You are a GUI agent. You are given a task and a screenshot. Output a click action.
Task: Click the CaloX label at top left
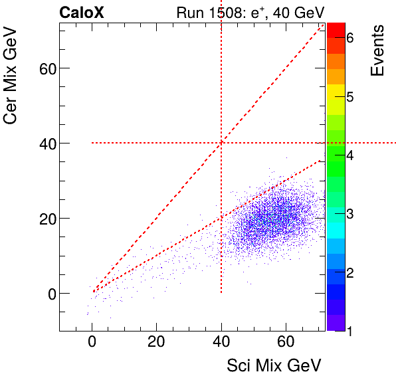[x=82, y=13]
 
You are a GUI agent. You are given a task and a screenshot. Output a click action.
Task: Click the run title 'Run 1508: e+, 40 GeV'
[x=249, y=13]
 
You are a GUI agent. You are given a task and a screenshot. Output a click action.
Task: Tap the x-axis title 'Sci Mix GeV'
[x=274, y=365]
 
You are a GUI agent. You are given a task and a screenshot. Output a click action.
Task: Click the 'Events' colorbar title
[x=377, y=50]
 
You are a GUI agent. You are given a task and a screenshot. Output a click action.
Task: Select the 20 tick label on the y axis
[x=42, y=219]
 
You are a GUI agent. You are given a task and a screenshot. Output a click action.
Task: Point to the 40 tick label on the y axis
[x=42, y=143]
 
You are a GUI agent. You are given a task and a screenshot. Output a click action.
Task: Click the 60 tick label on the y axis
[x=42, y=68]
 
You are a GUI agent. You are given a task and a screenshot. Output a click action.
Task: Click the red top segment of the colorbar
[x=336, y=30]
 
